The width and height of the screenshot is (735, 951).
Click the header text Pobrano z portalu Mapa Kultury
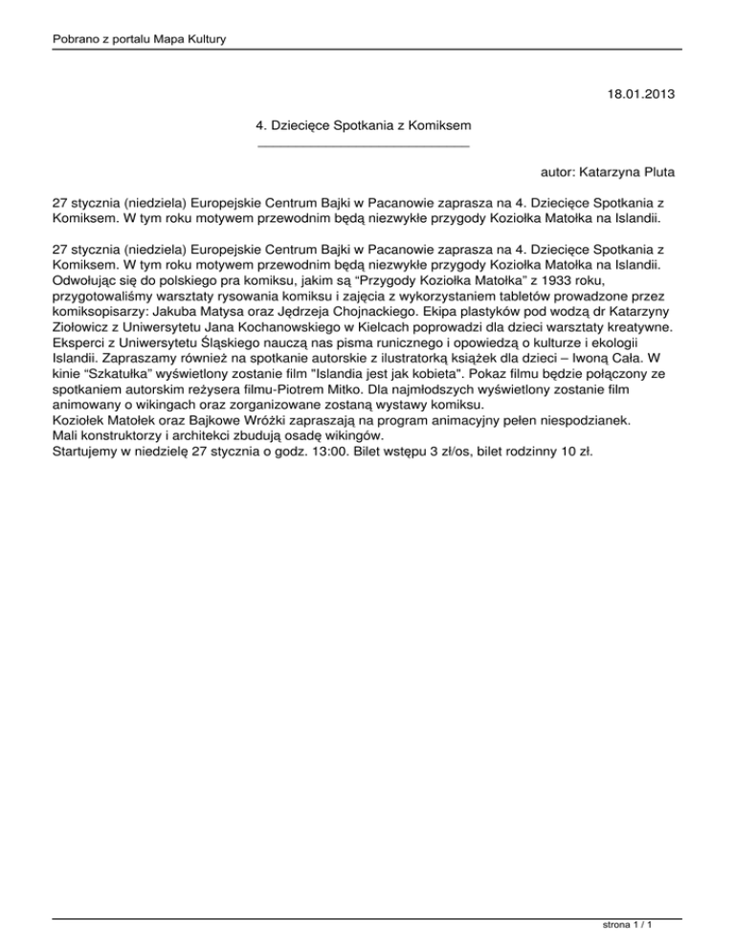(131, 37)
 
